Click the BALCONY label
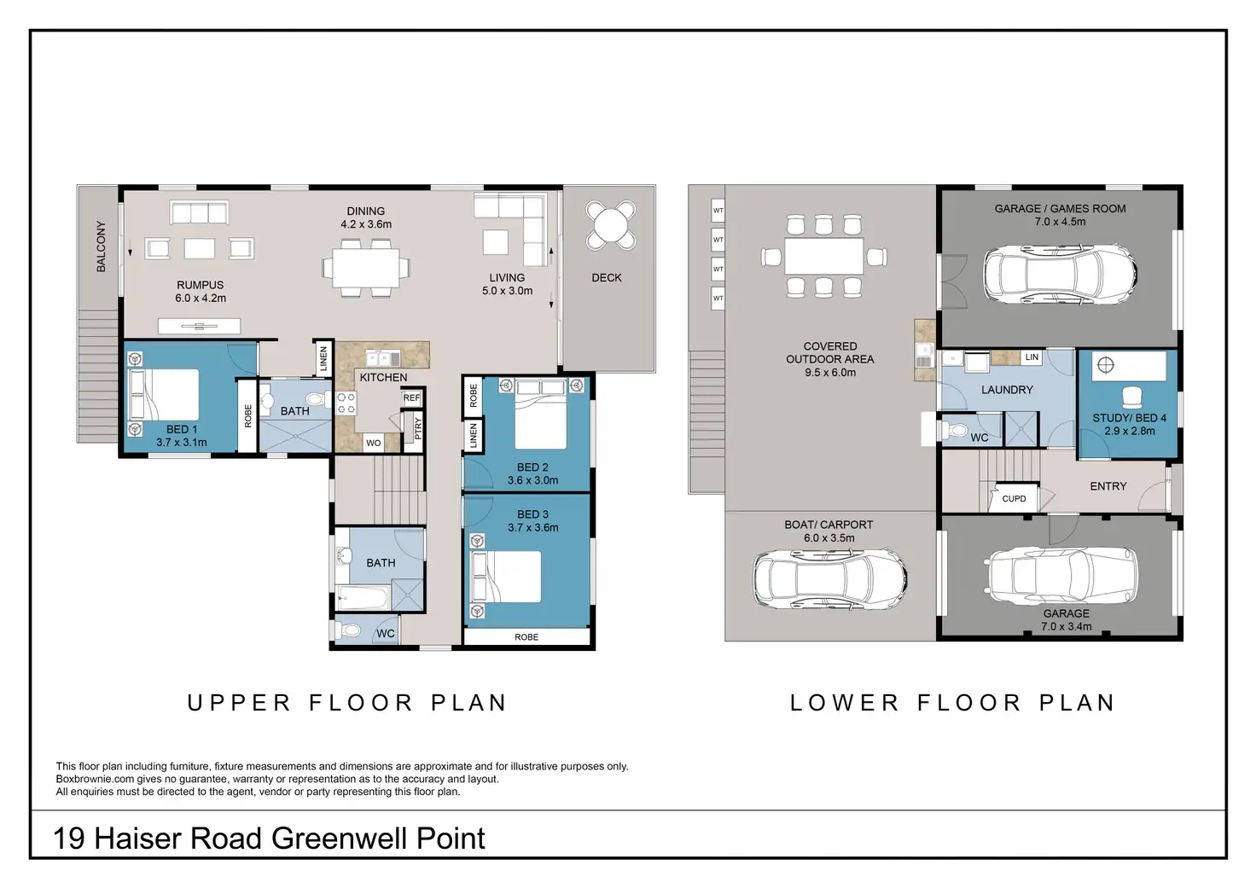[101, 247]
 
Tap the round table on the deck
[611, 225]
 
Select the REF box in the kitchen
[411, 398]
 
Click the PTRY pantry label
[418, 429]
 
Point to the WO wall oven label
[374, 443]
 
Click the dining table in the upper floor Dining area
[365, 268]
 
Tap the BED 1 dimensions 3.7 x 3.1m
[182, 443]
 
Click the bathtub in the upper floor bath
[363, 598]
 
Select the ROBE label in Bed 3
[526, 637]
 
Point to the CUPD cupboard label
[1014, 498]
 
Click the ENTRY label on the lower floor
[1108, 486]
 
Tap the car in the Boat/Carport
[829, 578]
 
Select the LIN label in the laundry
[1032, 357]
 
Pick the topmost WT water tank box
[718, 211]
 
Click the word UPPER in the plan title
[239, 703]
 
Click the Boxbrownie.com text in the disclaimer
[95, 780]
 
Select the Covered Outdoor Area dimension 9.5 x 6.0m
[830, 373]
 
